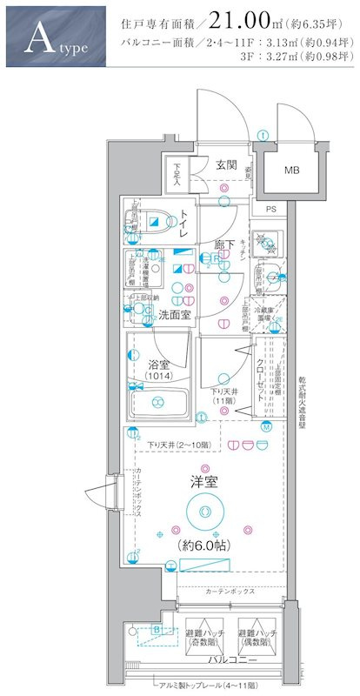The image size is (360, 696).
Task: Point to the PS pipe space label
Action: click(x=270, y=209)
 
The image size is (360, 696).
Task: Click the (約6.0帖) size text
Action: click(x=204, y=545)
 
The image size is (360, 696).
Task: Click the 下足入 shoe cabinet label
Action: click(x=177, y=173)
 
